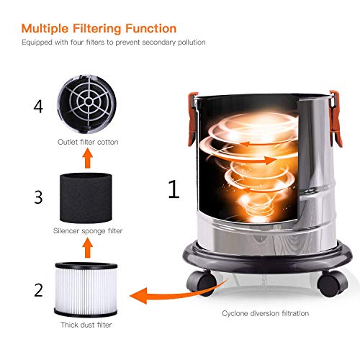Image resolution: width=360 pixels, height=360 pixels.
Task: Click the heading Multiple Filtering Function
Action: (99, 29)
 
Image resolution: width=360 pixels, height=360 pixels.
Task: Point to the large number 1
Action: (173, 189)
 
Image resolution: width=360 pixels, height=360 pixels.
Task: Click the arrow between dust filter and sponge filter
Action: (87, 248)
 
